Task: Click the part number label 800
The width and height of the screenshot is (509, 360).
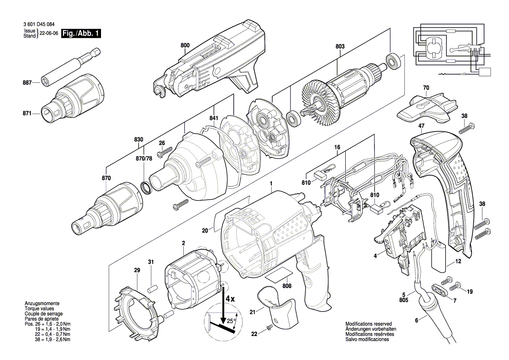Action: pyautogui.click(x=185, y=45)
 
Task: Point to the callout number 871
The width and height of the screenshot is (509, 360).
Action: pyautogui.click(x=27, y=113)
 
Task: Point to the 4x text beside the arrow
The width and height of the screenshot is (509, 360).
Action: pyautogui.click(x=230, y=299)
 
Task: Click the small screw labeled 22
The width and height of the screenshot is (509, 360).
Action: pyautogui.click(x=269, y=327)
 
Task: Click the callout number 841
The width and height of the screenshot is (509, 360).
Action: pyautogui.click(x=213, y=118)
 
